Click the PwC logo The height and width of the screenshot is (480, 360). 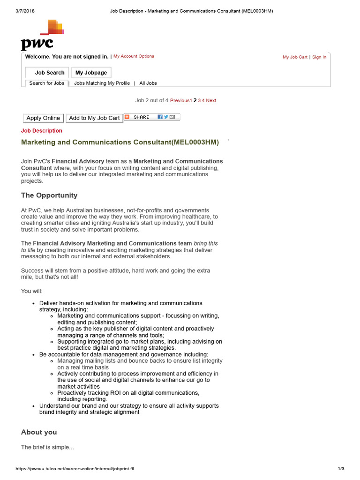(x=41, y=35)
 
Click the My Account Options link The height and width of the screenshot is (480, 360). (x=134, y=56)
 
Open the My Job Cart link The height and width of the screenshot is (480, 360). (x=295, y=57)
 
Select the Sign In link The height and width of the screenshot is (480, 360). (x=319, y=57)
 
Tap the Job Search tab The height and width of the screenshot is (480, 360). (x=49, y=73)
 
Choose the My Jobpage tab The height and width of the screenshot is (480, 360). (x=91, y=73)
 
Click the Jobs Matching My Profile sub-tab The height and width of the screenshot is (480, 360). (x=102, y=83)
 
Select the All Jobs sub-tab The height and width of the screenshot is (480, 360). (x=148, y=83)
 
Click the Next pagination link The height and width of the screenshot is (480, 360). (x=211, y=100)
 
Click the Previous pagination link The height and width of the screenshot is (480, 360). (x=180, y=100)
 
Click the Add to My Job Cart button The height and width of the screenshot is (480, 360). (x=94, y=118)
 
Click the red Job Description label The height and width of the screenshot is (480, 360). (x=42, y=131)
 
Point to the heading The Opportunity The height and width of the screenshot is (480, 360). (x=49, y=195)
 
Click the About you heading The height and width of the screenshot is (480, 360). (x=39, y=432)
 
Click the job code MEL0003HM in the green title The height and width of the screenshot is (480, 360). (x=195, y=142)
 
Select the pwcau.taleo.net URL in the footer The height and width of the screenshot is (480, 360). (x=75, y=469)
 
